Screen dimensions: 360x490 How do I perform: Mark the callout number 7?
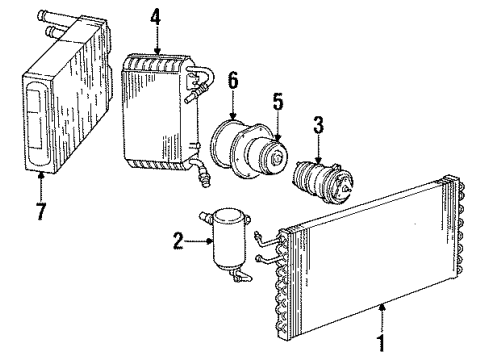coord(39,187)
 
